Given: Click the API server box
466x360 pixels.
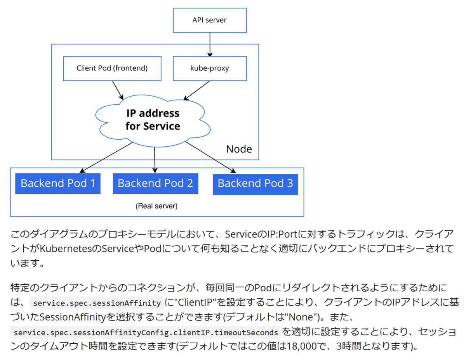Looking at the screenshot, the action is click(210, 20).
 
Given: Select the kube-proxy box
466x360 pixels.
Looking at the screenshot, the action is click(210, 68).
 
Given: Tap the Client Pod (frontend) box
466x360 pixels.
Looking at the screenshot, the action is click(112, 68).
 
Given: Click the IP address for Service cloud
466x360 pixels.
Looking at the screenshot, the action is click(153, 121).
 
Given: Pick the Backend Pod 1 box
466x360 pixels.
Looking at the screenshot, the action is click(58, 183).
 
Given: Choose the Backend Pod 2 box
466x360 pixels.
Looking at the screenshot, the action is click(155, 183).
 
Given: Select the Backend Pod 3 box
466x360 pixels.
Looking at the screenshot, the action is click(256, 184).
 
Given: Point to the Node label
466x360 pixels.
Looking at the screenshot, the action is click(239, 149).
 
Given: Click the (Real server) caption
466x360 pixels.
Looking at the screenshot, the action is click(156, 206).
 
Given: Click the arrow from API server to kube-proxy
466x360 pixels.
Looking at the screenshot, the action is click(210, 45).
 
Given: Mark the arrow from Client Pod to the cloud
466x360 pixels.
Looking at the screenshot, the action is click(118, 90).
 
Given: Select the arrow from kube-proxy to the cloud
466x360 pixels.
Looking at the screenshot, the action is click(196, 90).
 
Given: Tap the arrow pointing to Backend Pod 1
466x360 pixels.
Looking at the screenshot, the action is click(106, 157).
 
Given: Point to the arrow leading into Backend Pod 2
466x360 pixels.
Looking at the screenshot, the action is click(155, 160).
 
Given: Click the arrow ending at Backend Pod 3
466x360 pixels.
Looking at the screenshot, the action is click(210, 157).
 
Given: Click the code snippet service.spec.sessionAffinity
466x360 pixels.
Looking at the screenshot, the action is click(97, 303).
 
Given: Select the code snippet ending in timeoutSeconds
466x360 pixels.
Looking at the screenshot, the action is click(146, 332).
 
